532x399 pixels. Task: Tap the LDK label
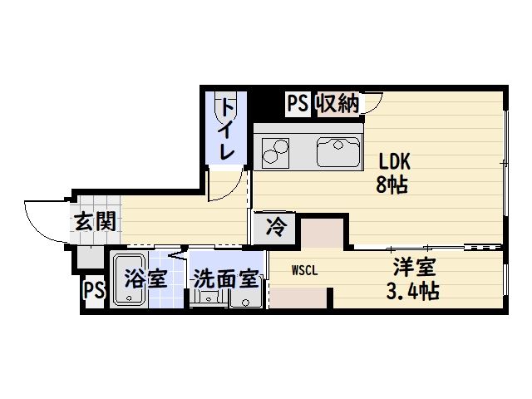coord(394,161)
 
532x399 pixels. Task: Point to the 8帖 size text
coord(392,185)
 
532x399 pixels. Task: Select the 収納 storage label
coord(337,103)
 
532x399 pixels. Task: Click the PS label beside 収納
coord(298,103)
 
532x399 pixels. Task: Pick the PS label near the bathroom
coord(94,290)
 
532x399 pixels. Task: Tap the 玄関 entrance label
coord(96,222)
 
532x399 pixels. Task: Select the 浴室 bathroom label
coord(145,278)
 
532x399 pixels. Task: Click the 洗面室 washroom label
coord(226,279)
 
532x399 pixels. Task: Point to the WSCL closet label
coord(305,270)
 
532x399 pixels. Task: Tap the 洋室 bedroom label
coord(414,267)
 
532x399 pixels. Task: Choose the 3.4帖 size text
coord(413,291)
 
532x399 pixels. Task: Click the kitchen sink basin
coord(338,152)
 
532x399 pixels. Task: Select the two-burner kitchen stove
coord(275,153)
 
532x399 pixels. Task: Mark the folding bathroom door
coord(177,254)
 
